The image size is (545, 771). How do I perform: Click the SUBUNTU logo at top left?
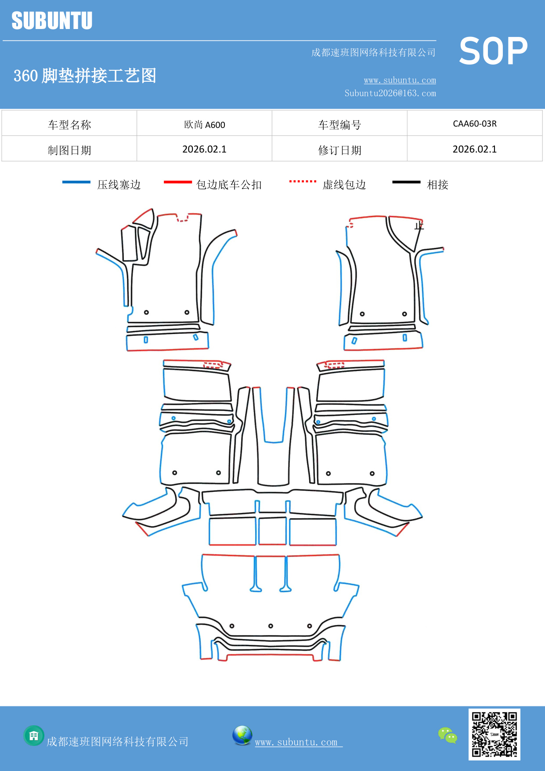(x=52, y=21)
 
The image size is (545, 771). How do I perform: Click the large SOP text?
(x=493, y=51)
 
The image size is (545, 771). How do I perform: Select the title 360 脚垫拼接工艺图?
(x=85, y=76)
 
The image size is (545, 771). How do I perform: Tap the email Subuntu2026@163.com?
(x=390, y=93)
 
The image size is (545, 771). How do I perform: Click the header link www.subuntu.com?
(x=400, y=80)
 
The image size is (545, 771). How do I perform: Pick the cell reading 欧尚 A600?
(x=204, y=124)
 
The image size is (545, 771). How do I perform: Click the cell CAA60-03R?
(x=474, y=124)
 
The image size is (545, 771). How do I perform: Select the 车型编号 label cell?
(x=339, y=125)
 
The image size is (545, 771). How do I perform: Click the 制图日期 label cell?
(x=69, y=150)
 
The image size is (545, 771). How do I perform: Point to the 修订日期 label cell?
(x=339, y=150)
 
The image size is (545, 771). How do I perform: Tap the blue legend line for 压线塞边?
(x=76, y=182)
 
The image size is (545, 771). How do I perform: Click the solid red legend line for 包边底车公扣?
(x=177, y=182)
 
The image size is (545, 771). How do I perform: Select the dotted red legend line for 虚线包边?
(x=303, y=181)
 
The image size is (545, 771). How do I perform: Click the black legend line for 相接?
(x=406, y=182)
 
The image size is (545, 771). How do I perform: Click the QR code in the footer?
(x=494, y=734)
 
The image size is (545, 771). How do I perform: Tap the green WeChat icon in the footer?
(x=448, y=735)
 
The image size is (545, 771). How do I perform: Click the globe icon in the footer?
(x=242, y=735)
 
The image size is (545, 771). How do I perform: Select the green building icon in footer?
(x=34, y=735)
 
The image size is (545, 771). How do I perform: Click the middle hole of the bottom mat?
(x=271, y=626)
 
